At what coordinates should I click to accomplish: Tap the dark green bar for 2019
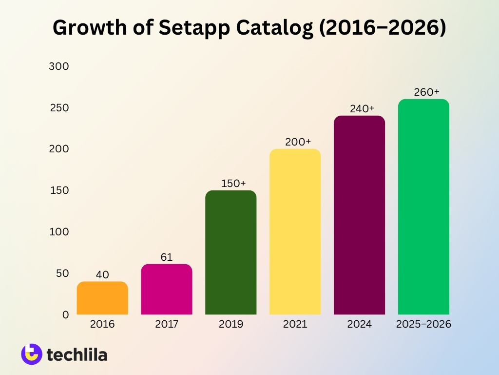[x=231, y=252]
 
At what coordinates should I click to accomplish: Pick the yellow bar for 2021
[x=295, y=231]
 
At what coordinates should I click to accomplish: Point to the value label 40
[x=102, y=275]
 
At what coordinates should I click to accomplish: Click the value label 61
[x=167, y=257]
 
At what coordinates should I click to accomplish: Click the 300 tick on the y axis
[x=59, y=66]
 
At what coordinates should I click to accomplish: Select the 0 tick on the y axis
[x=65, y=315]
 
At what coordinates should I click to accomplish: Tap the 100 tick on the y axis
[x=59, y=232]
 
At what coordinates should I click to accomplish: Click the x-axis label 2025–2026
[x=423, y=324]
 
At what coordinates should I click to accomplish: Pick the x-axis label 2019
[x=231, y=324]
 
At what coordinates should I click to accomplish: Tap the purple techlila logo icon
[x=32, y=354]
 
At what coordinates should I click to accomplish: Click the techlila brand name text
[x=77, y=354]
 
